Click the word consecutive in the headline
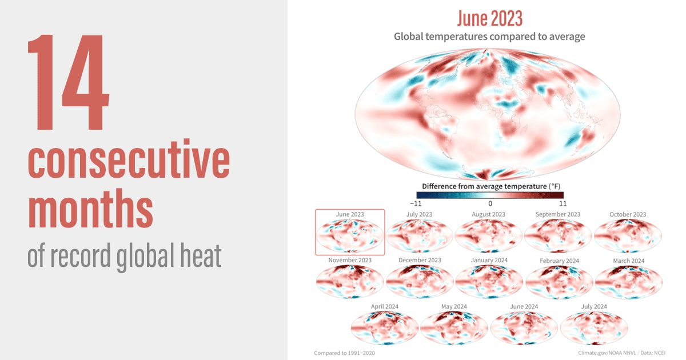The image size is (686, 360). [x=129, y=162]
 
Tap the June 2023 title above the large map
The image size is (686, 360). [x=489, y=18]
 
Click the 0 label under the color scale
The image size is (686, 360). [x=490, y=203]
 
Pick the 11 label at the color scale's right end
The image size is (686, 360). [x=563, y=203]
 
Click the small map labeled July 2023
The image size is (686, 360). [x=420, y=235]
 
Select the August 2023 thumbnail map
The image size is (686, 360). [x=488, y=235]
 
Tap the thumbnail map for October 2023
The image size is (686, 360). [x=628, y=235]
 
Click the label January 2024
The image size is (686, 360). [x=489, y=261]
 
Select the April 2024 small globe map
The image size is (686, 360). [x=384, y=327]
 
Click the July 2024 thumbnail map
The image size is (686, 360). [x=593, y=327]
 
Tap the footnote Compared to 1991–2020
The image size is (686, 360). [x=344, y=353]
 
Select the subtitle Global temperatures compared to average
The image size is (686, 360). [x=489, y=37]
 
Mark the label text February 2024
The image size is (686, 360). [x=559, y=261]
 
